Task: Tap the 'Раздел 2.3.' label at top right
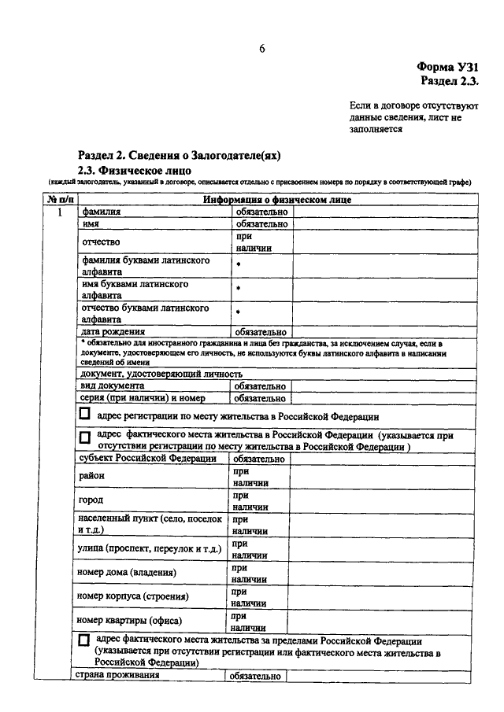(x=450, y=81)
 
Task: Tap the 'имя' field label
(x=90, y=223)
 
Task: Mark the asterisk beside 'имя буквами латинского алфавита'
(x=236, y=289)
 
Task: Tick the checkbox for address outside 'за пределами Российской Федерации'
(x=84, y=641)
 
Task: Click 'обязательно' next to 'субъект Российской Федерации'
(x=260, y=458)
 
